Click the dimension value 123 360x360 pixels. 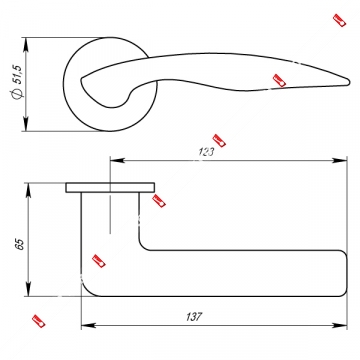click(206, 152)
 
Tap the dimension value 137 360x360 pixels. click(194, 317)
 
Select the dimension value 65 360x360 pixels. click(20, 244)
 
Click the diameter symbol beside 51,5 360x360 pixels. click(17, 94)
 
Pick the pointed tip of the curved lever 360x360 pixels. click(349, 81)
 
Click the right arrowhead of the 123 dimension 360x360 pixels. click(340, 161)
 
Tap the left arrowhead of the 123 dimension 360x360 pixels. click(117, 161)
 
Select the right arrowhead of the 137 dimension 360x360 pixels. click(340, 325)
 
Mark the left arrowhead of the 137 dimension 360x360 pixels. click(89, 325)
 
